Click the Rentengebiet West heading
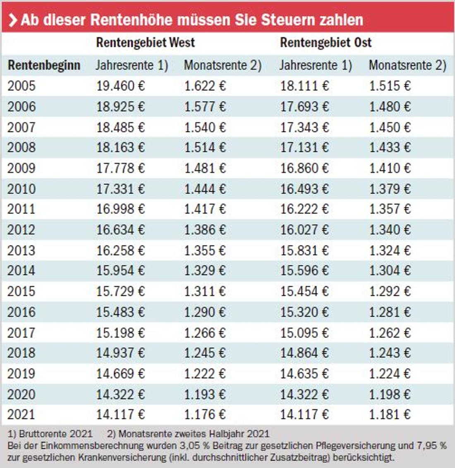145,43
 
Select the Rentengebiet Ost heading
326,43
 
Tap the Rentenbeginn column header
44,65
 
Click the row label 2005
22,86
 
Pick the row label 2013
22,250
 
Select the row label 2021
22,414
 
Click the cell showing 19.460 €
121,86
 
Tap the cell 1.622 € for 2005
205,86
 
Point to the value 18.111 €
304,86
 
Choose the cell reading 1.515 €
390,86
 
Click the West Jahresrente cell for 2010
121,189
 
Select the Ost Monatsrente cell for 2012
390,230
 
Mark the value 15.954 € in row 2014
121,271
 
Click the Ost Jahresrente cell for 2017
304,332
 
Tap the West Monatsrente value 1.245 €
205,353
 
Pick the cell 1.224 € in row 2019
390,373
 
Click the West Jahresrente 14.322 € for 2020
121,394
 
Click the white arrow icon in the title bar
12,20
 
